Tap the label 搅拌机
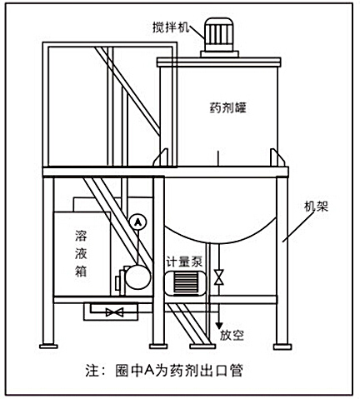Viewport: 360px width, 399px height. pyautogui.click(x=172, y=24)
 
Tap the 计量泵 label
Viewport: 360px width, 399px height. pyautogui.click(x=184, y=261)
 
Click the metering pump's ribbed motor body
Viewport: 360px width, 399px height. pyautogui.click(x=186, y=283)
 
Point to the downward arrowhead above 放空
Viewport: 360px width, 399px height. pyautogui.click(x=219, y=326)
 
